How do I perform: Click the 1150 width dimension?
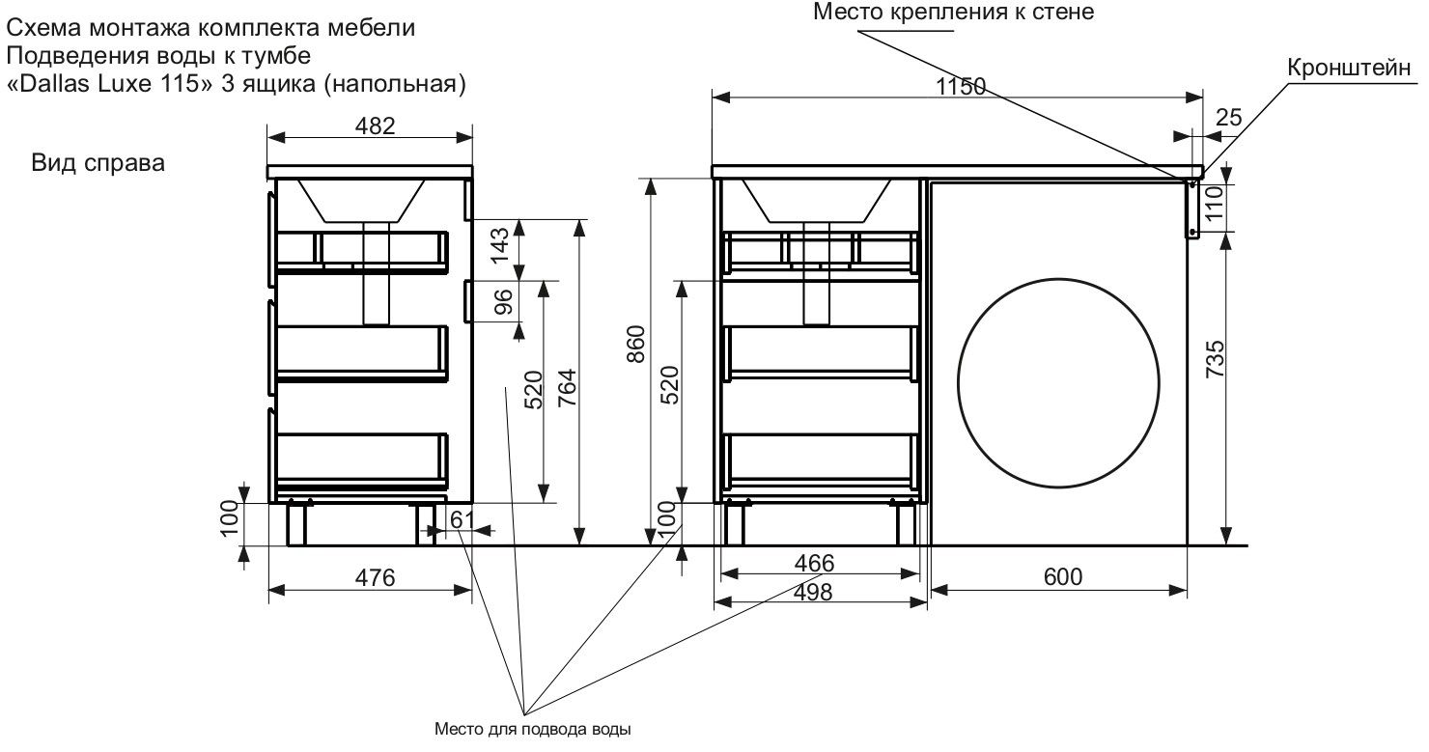click(x=961, y=87)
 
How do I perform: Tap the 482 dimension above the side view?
click(x=370, y=125)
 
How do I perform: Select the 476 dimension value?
click(x=376, y=577)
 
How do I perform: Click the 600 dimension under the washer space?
click(x=1062, y=577)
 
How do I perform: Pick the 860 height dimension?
click(x=636, y=344)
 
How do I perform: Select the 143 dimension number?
click(x=501, y=246)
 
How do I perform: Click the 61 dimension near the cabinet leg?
click(x=462, y=519)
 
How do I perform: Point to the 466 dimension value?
click(x=813, y=563)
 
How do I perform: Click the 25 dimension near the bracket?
click(x=1229, y=118)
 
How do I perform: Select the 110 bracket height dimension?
click(x=1217, y=205)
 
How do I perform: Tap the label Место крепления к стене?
click(x=955, y=13)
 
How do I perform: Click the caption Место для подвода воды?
click(x=533, y=730)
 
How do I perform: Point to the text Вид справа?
click(x=98, y=163)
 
